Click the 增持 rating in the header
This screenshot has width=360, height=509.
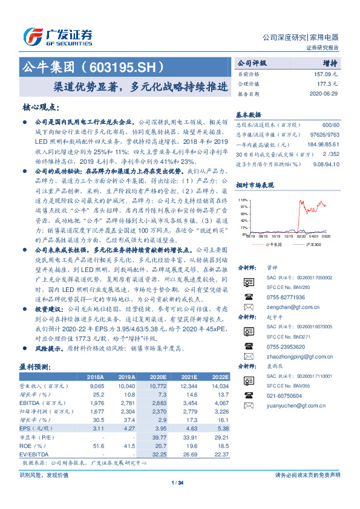[x=330, y=62]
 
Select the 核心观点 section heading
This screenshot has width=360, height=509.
[x=41, y=107]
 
